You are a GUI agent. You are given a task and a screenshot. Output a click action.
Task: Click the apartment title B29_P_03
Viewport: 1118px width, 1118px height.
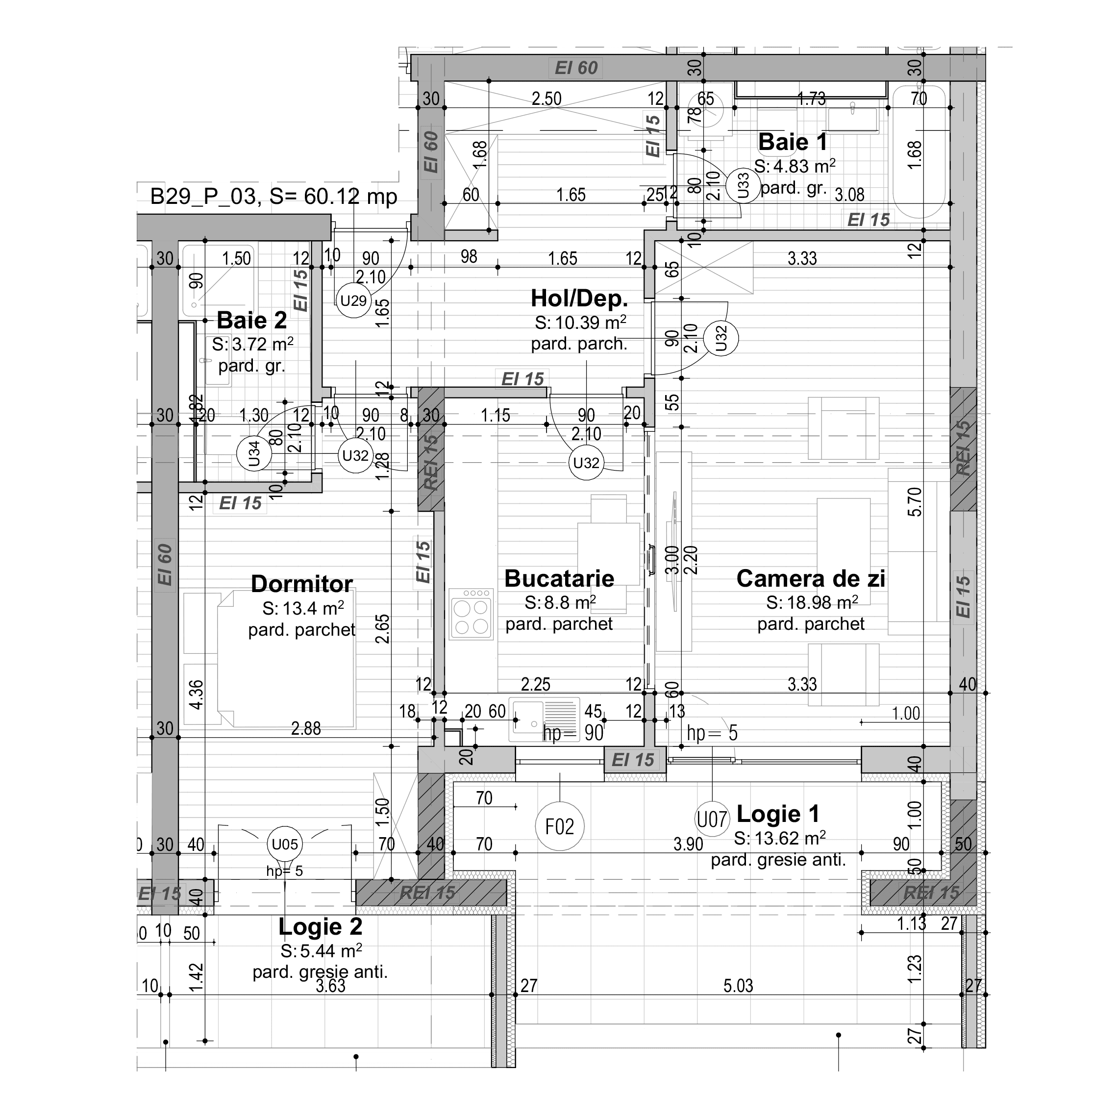pos(202,197)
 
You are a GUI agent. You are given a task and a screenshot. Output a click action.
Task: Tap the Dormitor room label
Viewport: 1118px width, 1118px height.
pos(301,584)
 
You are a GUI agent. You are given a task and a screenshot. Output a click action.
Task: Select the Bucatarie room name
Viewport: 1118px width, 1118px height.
pos(559,579)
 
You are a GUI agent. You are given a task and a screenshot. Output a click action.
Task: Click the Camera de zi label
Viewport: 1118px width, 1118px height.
pos(810,579)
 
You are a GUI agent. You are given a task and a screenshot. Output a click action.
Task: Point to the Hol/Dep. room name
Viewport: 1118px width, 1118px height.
pos(579,298)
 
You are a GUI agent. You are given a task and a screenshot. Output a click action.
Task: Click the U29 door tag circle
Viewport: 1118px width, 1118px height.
pos(353,301)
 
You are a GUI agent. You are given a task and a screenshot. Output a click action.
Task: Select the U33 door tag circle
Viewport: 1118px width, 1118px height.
pos(743,186)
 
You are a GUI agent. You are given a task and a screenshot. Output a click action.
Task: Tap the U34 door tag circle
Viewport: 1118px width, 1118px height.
pos(254,454)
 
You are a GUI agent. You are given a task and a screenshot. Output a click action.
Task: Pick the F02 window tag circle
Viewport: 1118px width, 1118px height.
pos(560,827)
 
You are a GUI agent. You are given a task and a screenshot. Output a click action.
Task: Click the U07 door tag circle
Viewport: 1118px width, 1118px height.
pos(711,820)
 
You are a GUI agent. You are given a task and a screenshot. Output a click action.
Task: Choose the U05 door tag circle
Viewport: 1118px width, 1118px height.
pos(285,845)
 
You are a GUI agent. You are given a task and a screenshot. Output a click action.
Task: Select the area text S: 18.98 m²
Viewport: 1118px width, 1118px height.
pos(811,603)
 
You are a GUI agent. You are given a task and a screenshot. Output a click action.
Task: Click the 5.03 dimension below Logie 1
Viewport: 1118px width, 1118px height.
pos(738,986)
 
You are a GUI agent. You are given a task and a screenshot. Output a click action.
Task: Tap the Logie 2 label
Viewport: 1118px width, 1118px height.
pos(320,926)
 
